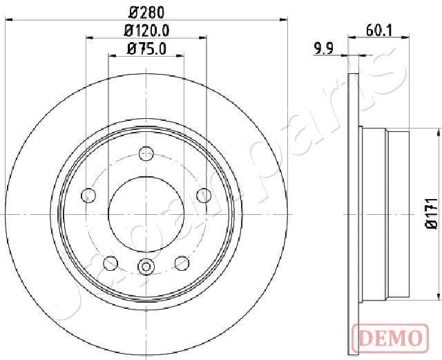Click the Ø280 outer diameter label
146,12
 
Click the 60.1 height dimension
379,30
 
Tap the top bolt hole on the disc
146,153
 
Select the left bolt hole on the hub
88,196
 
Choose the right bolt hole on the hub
204,196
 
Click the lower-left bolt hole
110,263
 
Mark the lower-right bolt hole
182,263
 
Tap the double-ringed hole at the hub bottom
146,266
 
